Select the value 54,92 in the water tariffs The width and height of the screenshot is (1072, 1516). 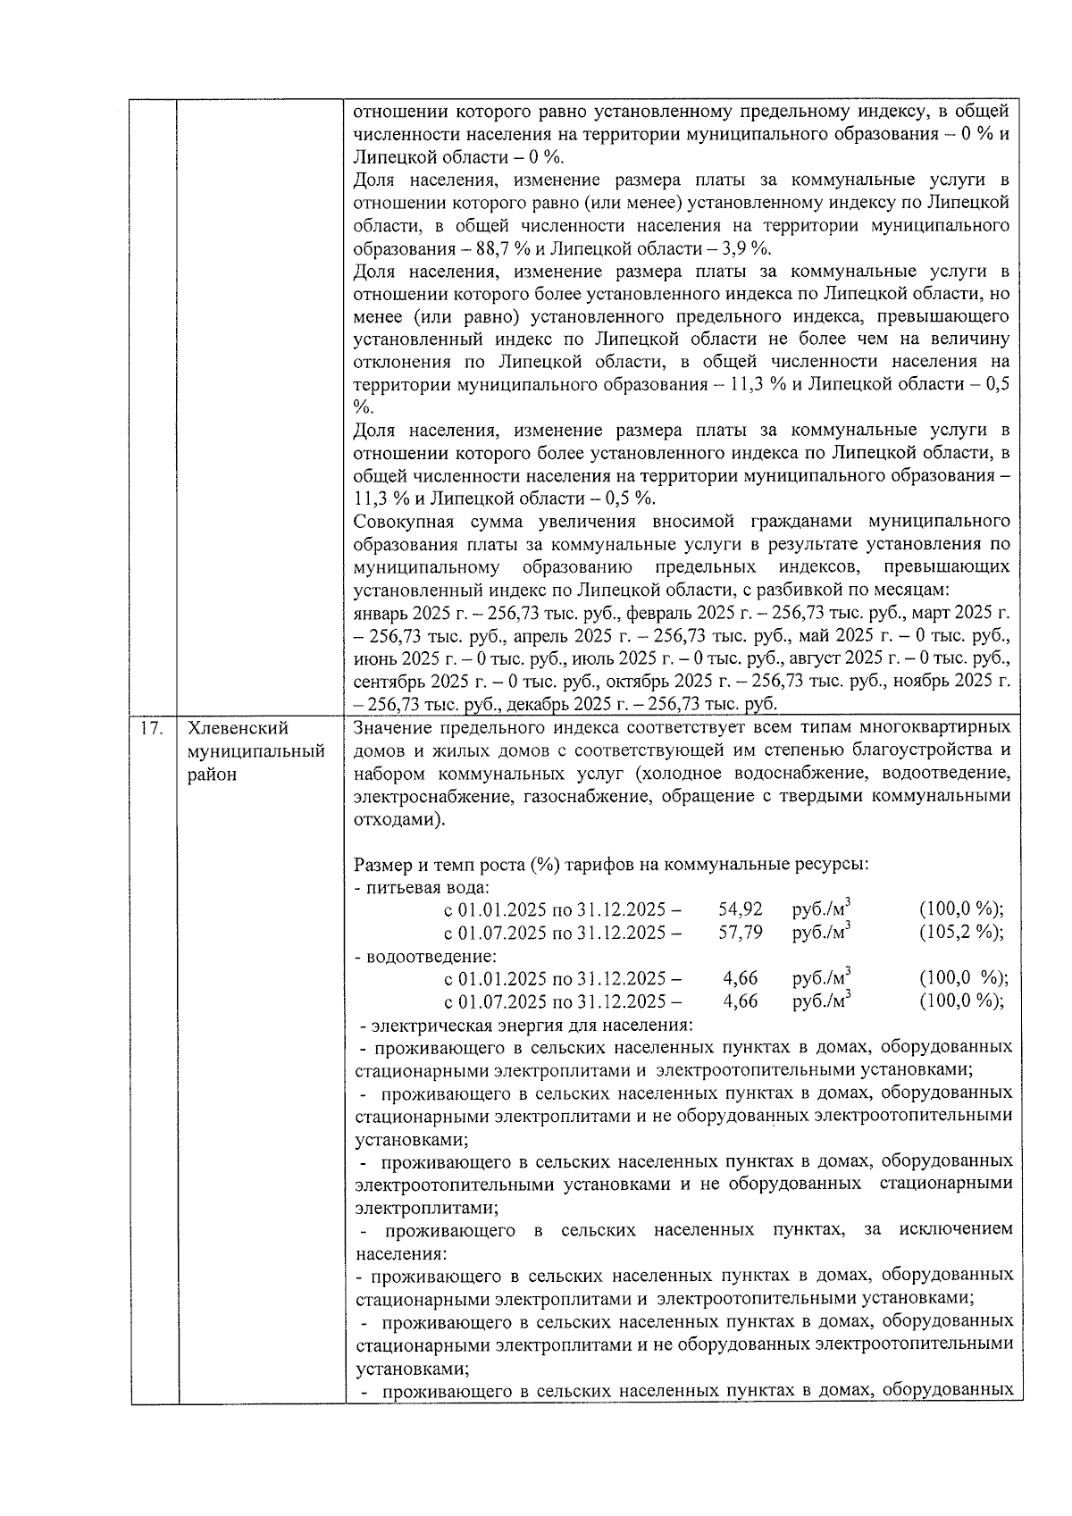[x=740, y=909]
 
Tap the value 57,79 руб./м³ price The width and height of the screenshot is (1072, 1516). [x=740, y=932]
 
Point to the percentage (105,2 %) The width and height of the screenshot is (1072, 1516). [x=960, y=932]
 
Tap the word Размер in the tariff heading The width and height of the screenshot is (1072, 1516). [x=382, y=865]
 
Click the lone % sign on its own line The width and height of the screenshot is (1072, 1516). [x=362, y=406]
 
